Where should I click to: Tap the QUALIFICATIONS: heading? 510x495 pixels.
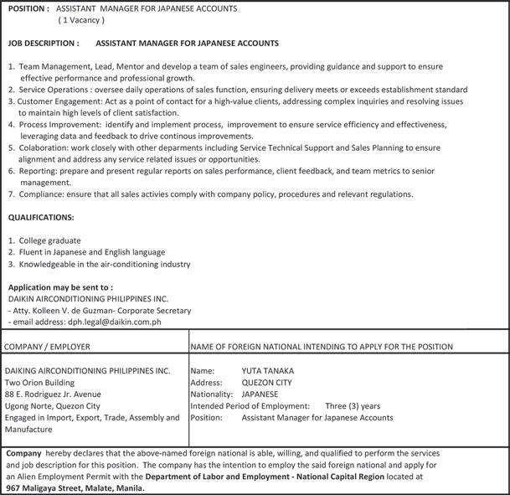click(x=40, y=217)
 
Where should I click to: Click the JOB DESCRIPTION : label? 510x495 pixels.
click(x=43, y=42)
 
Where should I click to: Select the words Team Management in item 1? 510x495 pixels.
click(x=52, y=65)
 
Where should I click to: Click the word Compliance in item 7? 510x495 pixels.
click(x=42, y=193)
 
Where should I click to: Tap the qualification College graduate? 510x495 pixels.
click(x=50, y=240)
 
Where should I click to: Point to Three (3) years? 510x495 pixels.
click(x=353, y=405)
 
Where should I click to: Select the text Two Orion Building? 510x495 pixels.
click(x=40, y=381)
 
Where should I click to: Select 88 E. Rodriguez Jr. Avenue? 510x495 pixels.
click(x=53, y=393)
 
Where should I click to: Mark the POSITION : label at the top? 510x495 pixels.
click(x=28, y=8)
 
